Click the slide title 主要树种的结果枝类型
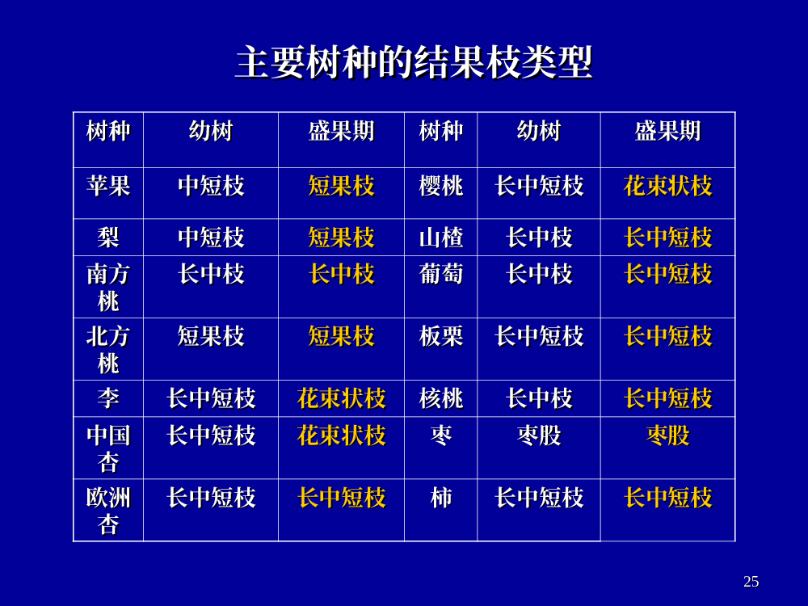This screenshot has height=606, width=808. tap(414, 63)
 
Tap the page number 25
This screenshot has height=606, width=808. tap(751, 581)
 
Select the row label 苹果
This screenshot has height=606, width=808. tap(108, 186)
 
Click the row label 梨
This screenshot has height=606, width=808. tap(108, 238)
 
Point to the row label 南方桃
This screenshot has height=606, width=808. tap(108, 288)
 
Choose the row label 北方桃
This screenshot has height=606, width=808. tap(108, 350)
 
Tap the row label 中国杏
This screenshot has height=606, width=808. tap(108, 448)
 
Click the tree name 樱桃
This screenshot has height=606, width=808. tap(441, 186)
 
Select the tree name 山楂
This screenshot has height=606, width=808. tap(441, 238)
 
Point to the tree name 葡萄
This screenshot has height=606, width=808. tap(441, 274)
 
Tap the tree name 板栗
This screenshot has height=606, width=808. tap(441, 336)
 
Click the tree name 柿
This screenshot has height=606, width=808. tap(441, 498)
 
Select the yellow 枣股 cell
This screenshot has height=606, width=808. tap(668, 436)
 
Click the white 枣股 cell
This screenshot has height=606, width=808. tap(539, 436)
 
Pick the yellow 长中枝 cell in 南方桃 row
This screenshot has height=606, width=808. tap(341, 274)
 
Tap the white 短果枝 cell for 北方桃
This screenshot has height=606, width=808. tap(211, 336)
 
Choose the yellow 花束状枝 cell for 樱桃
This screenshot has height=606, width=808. tap(668, 186)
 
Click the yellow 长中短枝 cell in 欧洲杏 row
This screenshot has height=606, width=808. tap(341, 498)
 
